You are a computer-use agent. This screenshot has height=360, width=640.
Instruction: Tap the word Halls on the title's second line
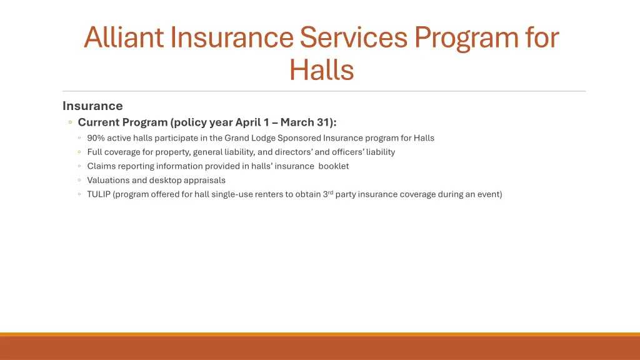click(321, 69)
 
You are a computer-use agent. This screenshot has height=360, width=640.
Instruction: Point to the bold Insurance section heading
click(92, 106)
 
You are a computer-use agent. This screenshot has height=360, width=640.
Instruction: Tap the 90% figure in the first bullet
click(96, 138)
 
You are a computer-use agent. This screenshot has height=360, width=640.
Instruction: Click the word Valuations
click(107, 180)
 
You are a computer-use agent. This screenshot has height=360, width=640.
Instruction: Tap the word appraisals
click(204, 180)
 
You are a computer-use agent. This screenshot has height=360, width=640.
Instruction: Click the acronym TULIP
click(99, 194)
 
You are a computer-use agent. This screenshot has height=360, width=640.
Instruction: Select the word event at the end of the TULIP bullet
click(487, 194)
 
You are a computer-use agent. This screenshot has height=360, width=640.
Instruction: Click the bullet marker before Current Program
click(71, 122)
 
